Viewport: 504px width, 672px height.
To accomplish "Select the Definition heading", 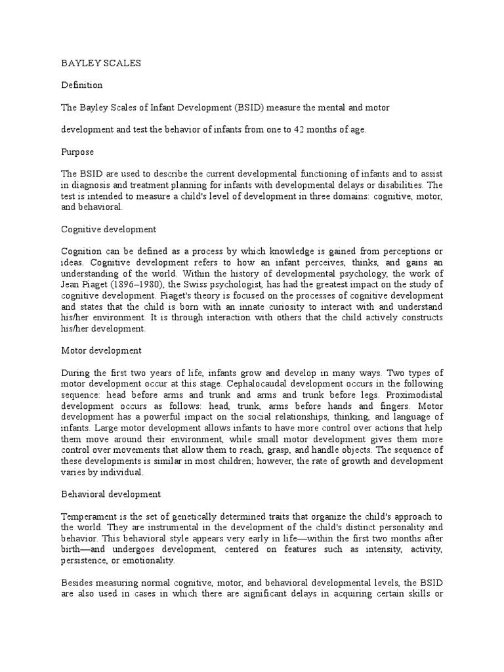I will (81, 85).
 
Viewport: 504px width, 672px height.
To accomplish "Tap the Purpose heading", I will (77, 152).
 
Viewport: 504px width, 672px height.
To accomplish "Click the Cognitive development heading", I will (108, 230).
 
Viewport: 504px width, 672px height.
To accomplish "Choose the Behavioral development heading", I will (111, 493).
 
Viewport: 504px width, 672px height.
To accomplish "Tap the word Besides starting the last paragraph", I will (77, 583).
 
